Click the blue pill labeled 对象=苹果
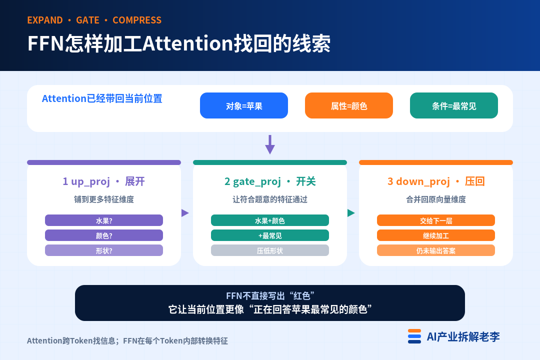click(x=244, y=105)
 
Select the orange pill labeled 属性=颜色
click(x=349, y=105)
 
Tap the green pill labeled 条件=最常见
click(x=454, y=105)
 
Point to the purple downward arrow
click(x=270, y=144)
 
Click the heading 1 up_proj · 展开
click(x=103, y=181)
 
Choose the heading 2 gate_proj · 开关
click(x=270, y=181)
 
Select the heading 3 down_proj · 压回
click(x=436, y=181)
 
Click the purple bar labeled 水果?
click(x=104, y=220)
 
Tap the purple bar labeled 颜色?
click(x=104, y=235)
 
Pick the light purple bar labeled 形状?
click(x=104, y=250)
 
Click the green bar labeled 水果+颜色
click(x=270, y=220)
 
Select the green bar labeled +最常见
click(x=270, y=235)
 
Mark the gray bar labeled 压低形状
click(x=270, y=250)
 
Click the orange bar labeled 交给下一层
click(x=436, y=220)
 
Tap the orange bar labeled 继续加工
click(x=436, y=235)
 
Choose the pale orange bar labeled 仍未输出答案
click(x=436, y=250)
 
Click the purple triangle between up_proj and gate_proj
click(x=185, y=213)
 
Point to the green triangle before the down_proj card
click(x=351, y=213)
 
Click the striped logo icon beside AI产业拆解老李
click(x=414, y=336)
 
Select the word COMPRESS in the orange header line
click(x=137, y=20)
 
